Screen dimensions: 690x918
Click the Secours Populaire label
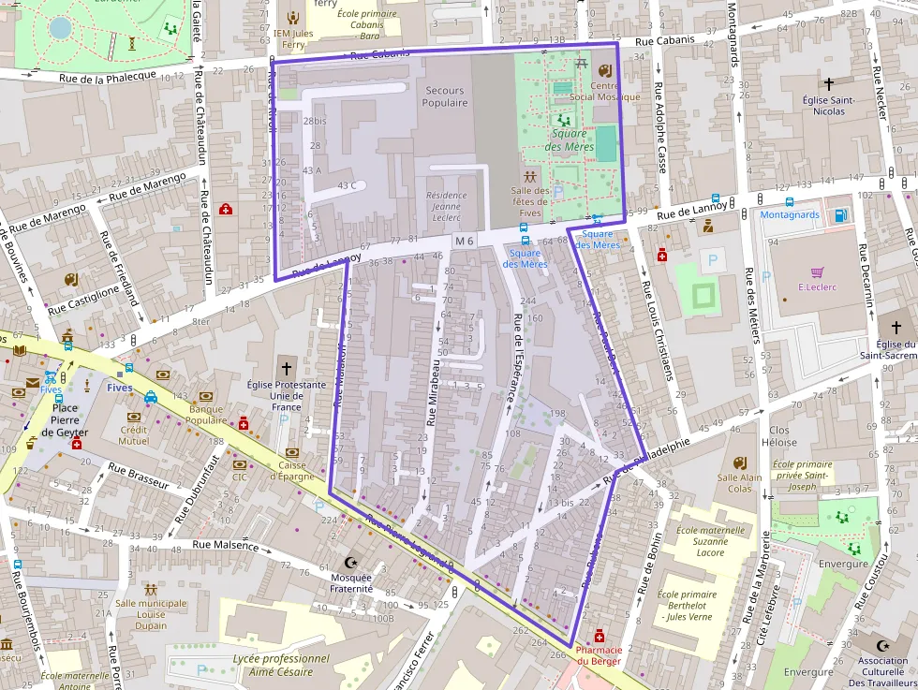(444, 96)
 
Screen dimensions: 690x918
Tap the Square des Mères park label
(570, 140)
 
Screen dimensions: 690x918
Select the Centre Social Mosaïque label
(604, 91)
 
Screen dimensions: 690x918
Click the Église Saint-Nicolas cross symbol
(828, 84)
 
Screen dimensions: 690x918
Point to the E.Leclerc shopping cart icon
(817, 272)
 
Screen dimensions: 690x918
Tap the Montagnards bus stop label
(790, 214)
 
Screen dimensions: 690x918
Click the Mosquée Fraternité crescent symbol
(351, 563)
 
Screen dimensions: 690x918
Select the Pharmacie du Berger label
(599, 655)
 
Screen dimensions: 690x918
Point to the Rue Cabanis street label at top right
(664, 40)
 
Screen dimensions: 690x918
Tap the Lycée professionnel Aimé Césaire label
(280, 665)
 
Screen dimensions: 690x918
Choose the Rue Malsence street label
(225, 544)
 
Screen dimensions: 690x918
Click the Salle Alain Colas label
(739, 482)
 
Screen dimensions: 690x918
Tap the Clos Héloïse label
(778, 436)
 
